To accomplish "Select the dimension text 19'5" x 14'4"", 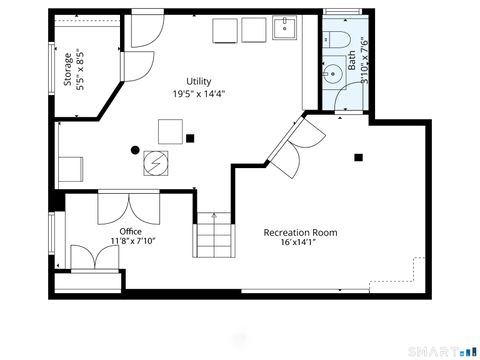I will [199, 95].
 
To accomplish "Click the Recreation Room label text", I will [300, 232].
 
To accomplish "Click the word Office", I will [131, 231].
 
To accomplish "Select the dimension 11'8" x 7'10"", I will [132, 242].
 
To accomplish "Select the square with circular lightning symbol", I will [155, 162].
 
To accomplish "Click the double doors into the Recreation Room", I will [290, 151].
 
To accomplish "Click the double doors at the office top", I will [126, 208].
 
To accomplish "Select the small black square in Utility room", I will [190, 137].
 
